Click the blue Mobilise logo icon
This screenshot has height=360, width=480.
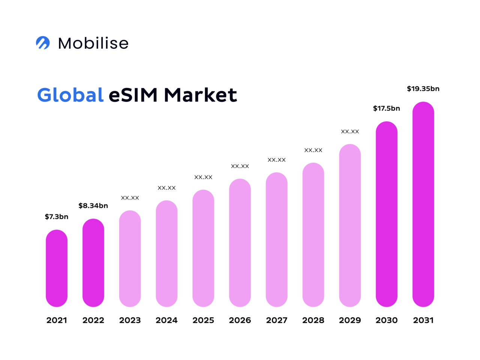coord(43,43)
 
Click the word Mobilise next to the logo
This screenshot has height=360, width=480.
coord(93,43)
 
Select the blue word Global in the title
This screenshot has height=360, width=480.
coord(70,95)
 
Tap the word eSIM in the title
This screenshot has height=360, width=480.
coord(133,95)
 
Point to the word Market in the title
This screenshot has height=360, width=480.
coord(200,95)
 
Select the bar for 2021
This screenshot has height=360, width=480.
coord(57,268)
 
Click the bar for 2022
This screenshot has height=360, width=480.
coord(93,262)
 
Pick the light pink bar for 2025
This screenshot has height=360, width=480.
coord(203,248)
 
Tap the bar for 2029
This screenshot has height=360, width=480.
coord(350,225)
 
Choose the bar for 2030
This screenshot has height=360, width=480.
coord(387,214)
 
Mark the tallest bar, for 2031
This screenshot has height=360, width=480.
coord(423,204)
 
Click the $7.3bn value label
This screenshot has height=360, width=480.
coord(57,217)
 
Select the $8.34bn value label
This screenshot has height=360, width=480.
coord(93,205)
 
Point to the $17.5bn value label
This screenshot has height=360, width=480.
coord(386,108)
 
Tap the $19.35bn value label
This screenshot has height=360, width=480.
coord(423,89)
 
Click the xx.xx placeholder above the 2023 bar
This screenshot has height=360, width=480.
coord(130,198)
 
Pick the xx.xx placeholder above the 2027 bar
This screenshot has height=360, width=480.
coord(277,160)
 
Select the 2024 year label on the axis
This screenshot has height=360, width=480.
coord(166,320)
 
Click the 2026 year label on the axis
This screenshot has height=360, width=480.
coord(240,320)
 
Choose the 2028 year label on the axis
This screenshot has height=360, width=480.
coord(313,320)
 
